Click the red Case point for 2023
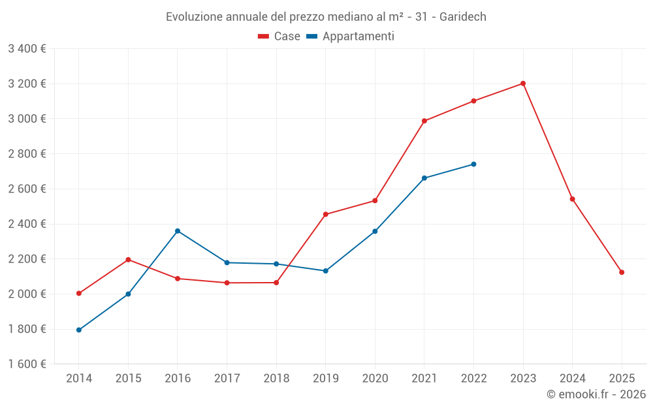523,84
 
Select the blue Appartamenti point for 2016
178,231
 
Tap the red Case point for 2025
622,272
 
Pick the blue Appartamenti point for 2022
473,164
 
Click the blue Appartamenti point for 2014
79,330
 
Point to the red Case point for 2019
326,214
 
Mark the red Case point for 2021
424,121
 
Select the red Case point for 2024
573,199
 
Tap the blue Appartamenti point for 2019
326,271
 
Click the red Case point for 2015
128,260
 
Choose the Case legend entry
279,37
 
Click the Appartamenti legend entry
351,37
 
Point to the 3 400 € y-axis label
27,49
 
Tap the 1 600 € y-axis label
27,364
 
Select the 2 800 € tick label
27,154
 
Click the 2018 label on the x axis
276,379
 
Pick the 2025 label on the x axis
622,379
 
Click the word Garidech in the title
462,17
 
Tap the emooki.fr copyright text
596,394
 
